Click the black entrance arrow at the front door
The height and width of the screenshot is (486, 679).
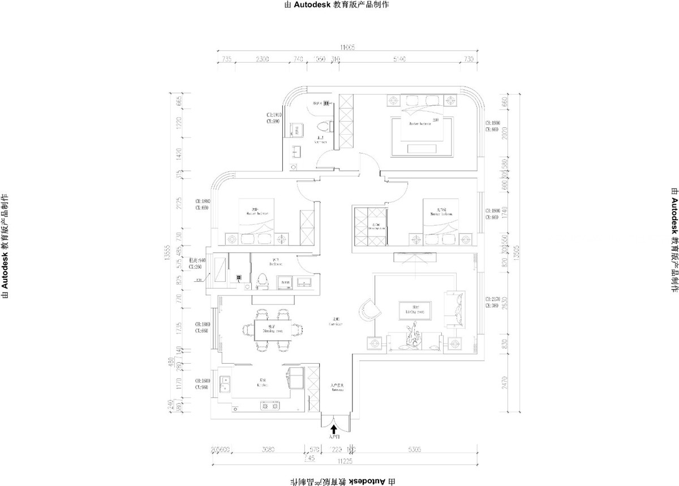334,430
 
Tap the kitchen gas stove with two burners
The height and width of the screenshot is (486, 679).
269,405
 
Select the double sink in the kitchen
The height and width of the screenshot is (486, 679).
226,384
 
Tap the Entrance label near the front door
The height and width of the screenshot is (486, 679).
337,388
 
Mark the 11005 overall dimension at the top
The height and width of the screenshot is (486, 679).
346,48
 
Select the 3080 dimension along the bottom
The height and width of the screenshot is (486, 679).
268,450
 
